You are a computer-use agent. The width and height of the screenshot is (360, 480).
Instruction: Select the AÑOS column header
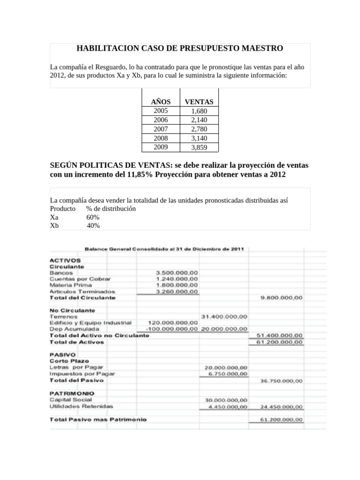point(160,102)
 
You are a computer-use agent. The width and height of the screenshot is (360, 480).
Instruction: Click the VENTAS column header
point(199,102)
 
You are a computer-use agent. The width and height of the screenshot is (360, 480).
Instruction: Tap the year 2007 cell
point(160,129)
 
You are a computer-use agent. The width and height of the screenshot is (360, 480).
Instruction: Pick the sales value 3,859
point(199,147)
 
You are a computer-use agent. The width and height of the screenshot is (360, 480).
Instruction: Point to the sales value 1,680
point(199,111)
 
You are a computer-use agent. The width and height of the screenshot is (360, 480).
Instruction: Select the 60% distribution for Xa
point(93,217)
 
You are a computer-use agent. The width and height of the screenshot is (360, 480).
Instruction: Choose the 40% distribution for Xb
point(93,226)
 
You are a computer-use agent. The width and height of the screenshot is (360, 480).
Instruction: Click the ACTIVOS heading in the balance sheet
point(65,260)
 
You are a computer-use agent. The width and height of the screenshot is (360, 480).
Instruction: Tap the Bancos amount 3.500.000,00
point(177,272)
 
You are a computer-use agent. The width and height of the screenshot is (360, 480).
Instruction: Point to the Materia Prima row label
point(71,285)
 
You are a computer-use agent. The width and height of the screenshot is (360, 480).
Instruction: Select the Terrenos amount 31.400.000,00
point(224,316)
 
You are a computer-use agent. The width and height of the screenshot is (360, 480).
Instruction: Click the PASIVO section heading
point(62,354)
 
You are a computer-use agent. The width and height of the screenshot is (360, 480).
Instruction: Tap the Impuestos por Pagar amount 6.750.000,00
point(226,374)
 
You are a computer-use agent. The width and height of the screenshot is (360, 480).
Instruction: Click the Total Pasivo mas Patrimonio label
point(98,419)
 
